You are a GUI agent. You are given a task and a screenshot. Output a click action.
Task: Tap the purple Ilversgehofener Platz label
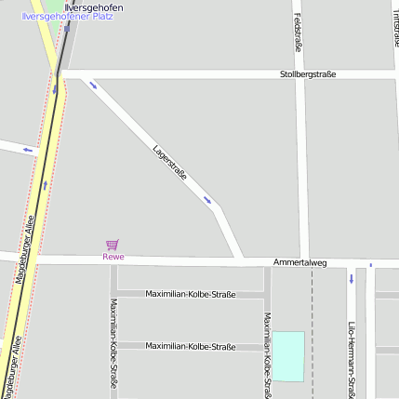tap(67, 17)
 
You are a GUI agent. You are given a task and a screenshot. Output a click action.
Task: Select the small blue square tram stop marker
tap(370, 265)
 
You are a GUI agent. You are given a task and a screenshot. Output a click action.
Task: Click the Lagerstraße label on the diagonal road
tap(170, 160)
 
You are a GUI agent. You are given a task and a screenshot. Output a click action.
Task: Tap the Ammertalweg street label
tap(300, 263)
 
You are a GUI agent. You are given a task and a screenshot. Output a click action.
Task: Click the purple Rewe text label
tap(113, 257)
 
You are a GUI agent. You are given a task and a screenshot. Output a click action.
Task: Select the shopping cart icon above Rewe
tap(113, 245)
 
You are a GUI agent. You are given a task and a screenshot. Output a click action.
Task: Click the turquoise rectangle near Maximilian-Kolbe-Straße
tap(287, 355)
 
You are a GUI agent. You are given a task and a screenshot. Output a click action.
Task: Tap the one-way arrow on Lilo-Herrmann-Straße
tap(352, 278)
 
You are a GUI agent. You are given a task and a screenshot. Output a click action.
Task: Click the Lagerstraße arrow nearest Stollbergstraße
tap(92, 86)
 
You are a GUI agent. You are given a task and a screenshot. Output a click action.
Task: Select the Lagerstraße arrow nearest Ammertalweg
tap(207, 199)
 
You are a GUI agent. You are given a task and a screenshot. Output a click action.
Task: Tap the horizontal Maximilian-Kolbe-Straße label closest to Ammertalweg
tap(191, 294)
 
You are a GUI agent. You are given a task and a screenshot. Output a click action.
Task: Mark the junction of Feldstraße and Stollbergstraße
tap(299, 74)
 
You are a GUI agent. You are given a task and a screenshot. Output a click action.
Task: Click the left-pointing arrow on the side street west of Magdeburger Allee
tap(28, 149)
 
